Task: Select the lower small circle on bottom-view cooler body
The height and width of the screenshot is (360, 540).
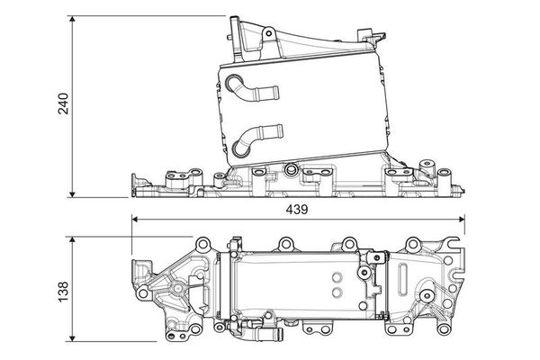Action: coord(335,292)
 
